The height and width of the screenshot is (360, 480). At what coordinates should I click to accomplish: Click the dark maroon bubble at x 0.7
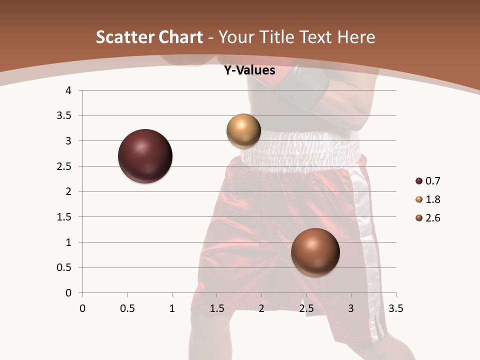pyautogui.click(x=145, y=156)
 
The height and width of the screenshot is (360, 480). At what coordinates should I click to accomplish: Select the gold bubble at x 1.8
pyautogui.click(x=243, y=130)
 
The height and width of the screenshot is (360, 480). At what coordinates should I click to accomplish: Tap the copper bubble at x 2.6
pyautogui.click(x=315, y=252)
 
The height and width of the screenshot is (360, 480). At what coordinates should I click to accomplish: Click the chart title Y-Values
pyautogui.click(x=249, y=70)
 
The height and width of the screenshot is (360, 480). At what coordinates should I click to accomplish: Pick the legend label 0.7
pyautogui.click(x=433, y=181)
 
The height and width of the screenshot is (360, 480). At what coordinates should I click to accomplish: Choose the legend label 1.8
pyautogui.click(x=433, y=199)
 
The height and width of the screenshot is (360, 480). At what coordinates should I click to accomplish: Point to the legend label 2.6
pyautogui.click(x=433, y=218)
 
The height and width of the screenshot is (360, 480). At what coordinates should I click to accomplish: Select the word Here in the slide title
pyautogui.click(x=355, y=37)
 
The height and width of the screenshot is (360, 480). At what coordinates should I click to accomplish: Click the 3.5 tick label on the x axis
pyautogui.click(x=395, y=308)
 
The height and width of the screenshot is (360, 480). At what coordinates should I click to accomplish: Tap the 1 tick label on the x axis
pyautogui.click(x=172, y=308)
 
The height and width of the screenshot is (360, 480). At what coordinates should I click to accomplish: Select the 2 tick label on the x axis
pyautogui.click(x=261, y=308)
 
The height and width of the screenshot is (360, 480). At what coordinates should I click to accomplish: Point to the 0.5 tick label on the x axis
pyautogui.click(x=127, y=308)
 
